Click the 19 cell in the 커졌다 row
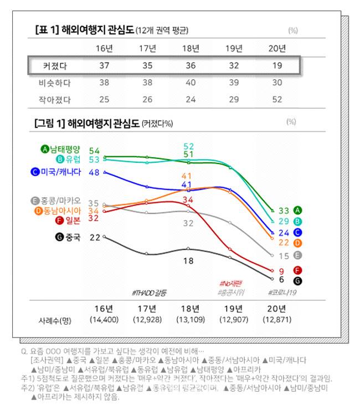click(277, 66)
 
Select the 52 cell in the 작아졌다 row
click(277, 100)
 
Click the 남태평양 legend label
click(65, 149)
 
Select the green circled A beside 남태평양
click(45, 149)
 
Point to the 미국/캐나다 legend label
click(60, 172)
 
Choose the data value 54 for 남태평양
click(94, 151)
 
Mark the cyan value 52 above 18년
click(188, 146)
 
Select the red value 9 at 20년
click(281, 271)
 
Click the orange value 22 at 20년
click(283, 243)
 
